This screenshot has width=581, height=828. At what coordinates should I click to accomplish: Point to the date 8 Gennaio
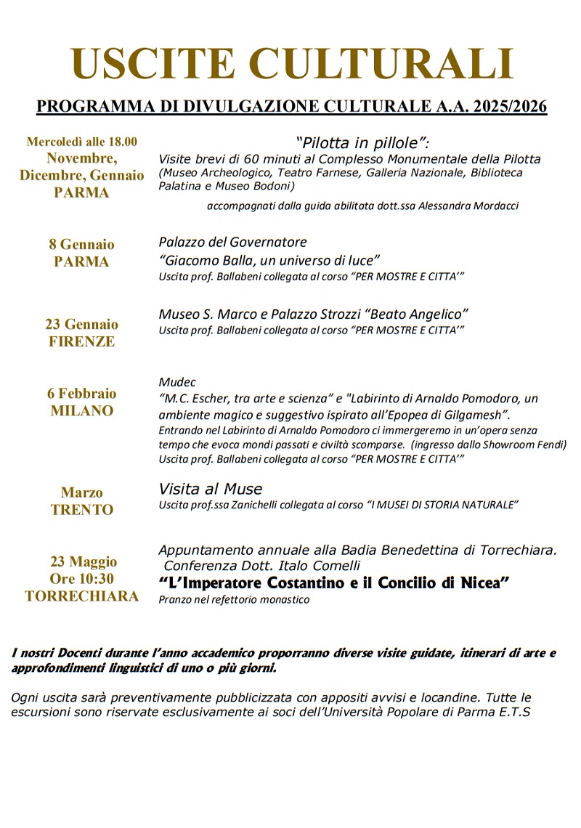coord(81,244)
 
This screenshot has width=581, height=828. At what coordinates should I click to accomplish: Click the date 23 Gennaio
coord(81,324)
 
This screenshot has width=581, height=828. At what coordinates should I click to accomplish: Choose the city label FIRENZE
coord(81,342)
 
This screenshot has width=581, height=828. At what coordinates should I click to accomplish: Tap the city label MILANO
coord(81,411)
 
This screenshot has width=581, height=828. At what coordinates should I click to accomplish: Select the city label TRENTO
coord(81,510)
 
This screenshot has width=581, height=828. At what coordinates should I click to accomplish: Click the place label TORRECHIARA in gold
coord(81,596)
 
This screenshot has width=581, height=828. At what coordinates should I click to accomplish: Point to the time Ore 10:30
coord(81,579)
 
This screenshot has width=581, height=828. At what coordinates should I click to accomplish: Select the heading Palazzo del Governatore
coord(232,242)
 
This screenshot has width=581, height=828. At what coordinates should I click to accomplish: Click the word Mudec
coord(177,382)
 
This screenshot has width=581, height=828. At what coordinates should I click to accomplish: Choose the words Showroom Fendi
coord(532,445)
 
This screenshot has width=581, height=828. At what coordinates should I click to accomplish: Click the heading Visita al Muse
coord(211,489)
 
